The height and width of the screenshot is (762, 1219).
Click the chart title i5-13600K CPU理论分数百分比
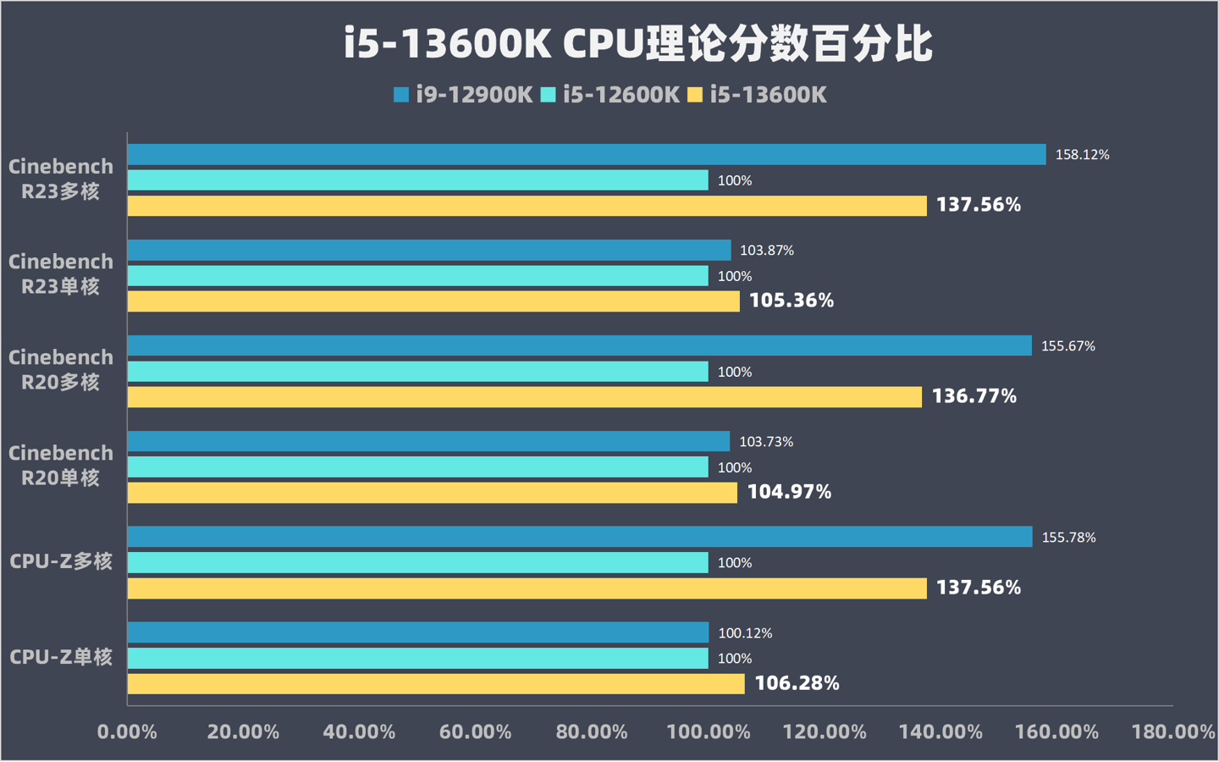click(x=638, y=44)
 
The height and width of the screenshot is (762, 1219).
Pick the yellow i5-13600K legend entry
click(x=757, y=95)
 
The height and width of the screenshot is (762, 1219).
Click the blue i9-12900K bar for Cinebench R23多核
click(x=586, y=154)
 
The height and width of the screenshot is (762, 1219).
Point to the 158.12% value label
click(x=1082, y=155)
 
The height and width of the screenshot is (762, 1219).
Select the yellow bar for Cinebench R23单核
click(x=433, y=301)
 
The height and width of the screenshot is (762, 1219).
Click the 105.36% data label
click(x=792, y=301)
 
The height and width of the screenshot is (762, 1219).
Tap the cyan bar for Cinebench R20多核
click(x=417, y=372)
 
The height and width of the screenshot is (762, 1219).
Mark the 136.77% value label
click(x=974, y=396)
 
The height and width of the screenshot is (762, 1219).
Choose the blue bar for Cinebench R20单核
click(x=428, y=441)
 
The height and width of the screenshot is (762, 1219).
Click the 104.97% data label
click(x=789, y=492)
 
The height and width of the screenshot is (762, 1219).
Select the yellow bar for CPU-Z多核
click(x=527, y=588)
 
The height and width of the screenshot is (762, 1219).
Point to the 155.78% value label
click(x=1068, y=538)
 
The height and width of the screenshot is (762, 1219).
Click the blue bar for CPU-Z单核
click(x=417, y=632)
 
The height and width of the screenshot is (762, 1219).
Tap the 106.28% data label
click(x=797, y=683)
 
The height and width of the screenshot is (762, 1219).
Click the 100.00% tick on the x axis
click(x=709, y=732)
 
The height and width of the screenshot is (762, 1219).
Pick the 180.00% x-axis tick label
click(x=1172, y=732)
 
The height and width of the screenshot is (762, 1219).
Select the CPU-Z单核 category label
click(x=61, y=657)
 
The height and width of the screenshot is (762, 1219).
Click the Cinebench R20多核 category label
click(x=61, y=370)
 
